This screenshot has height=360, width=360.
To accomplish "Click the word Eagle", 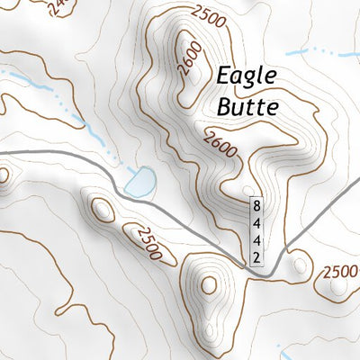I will tap(247, 77).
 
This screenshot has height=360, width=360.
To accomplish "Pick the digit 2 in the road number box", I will tap(256, 257).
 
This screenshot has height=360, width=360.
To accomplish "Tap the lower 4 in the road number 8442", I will tap(256, 240).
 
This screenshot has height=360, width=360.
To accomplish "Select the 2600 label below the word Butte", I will tap(220, 144).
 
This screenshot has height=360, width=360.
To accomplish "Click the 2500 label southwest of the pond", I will tap(147, 244).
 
